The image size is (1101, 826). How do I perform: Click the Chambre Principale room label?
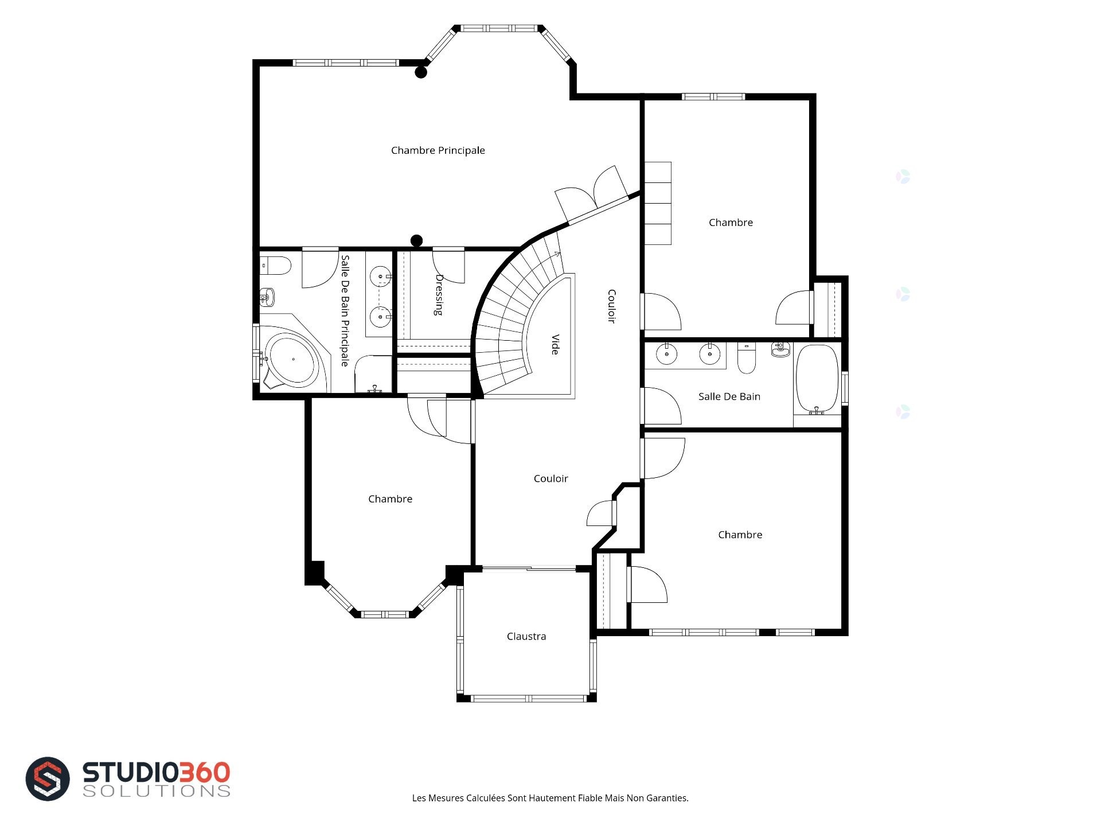[x=438, y=150]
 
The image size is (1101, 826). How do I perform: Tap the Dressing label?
[x=439, y=295]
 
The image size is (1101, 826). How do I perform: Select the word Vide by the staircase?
[x=555, y=344]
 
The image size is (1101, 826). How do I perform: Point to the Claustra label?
[x=526, y=636]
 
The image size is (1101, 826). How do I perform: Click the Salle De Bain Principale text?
[x=345, y=311]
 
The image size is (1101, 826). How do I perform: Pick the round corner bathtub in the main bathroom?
[x=292, y=360]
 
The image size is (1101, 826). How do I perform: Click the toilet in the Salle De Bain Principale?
[x=276, y=266]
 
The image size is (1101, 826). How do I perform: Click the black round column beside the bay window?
[x=421, y=72]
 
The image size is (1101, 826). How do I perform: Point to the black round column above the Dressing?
[x=417, y=240]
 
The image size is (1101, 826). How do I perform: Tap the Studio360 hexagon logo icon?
[x=48, y=778]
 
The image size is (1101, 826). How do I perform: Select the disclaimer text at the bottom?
[x=550, y=798]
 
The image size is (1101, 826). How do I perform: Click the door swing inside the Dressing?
[x=449, y=266]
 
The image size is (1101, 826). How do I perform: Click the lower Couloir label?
[x=550, y=478]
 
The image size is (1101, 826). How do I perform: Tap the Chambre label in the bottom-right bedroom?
[x=740, y=535]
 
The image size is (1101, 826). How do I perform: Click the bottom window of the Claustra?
[x=527, y=699]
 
